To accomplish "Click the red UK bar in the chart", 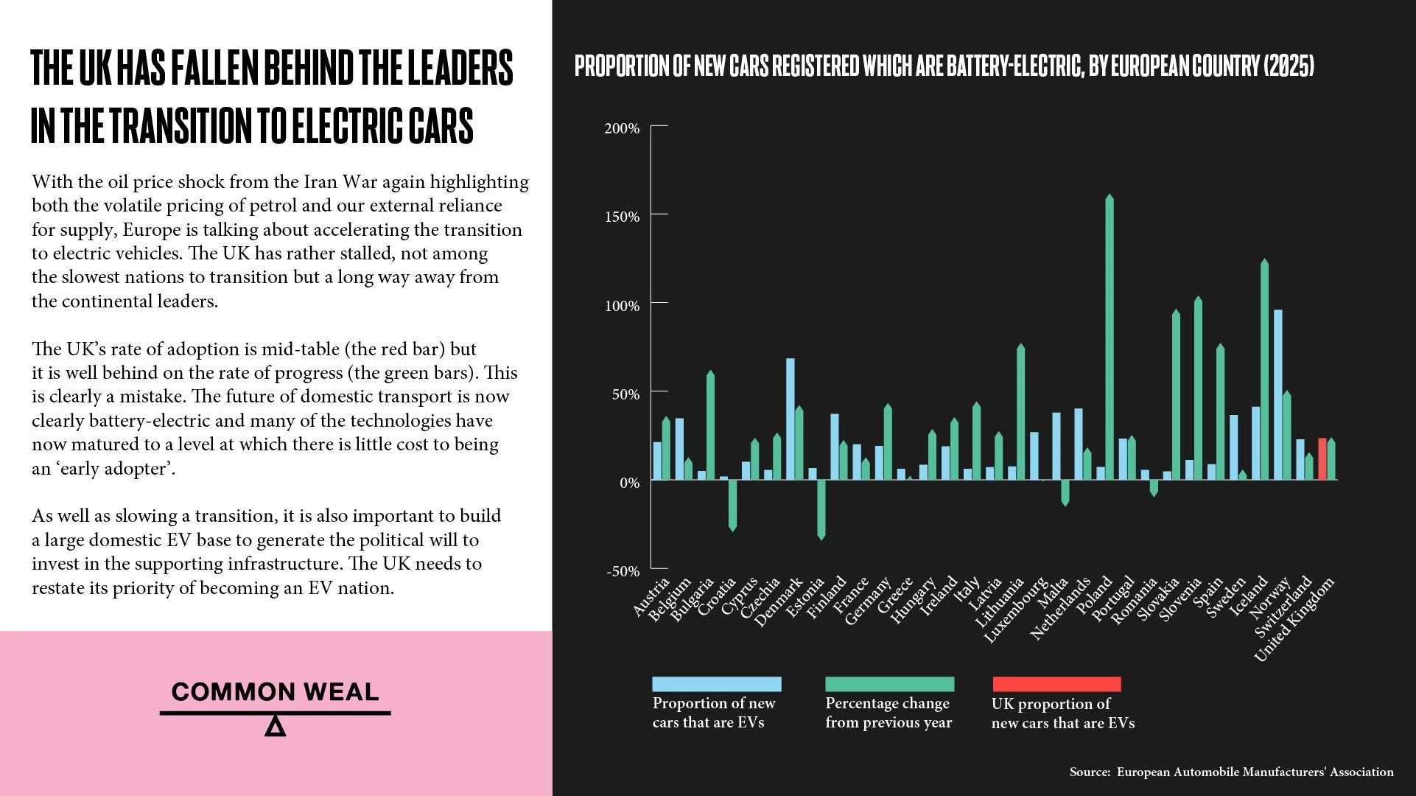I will point(1322,459).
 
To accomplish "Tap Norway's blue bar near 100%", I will point(1278,394).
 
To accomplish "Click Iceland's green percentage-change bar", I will point(1265,369).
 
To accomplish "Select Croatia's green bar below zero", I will point(732,505).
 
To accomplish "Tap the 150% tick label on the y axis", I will point(622,217).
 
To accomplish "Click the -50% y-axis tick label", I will point(623,571).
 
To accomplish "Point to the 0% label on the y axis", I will point(629,483).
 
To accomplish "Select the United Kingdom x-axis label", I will point(1294,620).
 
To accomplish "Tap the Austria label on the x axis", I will point(651,596).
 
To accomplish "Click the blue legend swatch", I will point(716,684).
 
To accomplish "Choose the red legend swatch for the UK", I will point(1056,684).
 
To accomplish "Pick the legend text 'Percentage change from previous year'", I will point(888,713).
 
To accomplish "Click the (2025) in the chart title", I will point(1289,66).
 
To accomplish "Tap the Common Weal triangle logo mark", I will point(275,726).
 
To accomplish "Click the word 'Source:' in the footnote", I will point(1090,772).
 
